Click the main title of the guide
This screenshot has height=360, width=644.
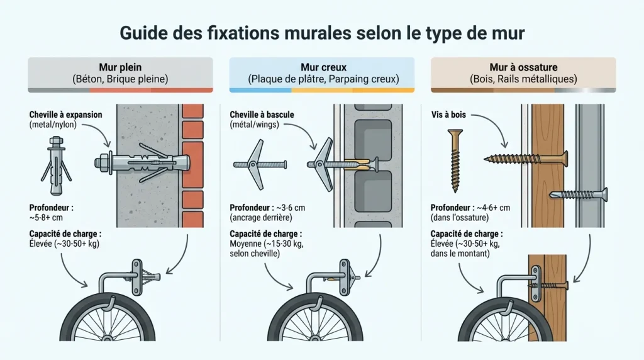[x=321, y=33]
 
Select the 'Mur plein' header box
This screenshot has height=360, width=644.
[x=119, y=74]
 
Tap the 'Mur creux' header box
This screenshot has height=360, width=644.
[x=321, y=74]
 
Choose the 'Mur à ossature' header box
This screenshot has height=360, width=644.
[x=523, y=74]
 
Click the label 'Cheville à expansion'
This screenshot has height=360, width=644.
[x=65, y=115]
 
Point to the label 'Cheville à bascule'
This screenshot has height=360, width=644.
[x=262, y=115]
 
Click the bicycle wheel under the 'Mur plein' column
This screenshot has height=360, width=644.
[x=119, y=321]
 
